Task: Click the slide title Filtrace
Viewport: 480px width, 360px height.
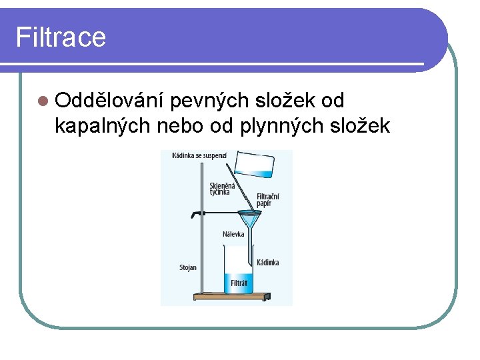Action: click(x=61, y=37)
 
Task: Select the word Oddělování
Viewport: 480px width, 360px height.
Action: click(x=111, y=101)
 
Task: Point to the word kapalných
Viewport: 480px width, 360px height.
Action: click(x=103, y=125)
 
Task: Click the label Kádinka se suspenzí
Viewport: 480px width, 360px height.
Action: click(x=199, y=155)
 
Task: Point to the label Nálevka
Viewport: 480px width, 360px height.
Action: click(x=233, y=234)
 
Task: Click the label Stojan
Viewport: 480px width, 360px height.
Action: click(x=188, y=267)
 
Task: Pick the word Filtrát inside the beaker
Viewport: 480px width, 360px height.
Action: click(x=239, y=283)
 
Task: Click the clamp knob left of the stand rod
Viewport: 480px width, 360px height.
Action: click(x=194, y=215)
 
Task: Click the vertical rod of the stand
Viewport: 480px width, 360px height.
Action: click(x=201, y=227)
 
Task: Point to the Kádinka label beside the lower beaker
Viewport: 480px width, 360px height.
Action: click(x=268, y=263)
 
